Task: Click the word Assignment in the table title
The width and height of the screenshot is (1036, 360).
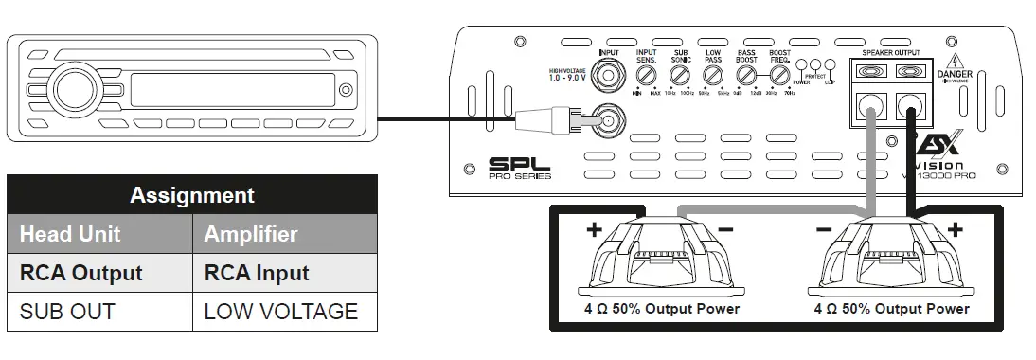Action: click(x=191, y=195)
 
